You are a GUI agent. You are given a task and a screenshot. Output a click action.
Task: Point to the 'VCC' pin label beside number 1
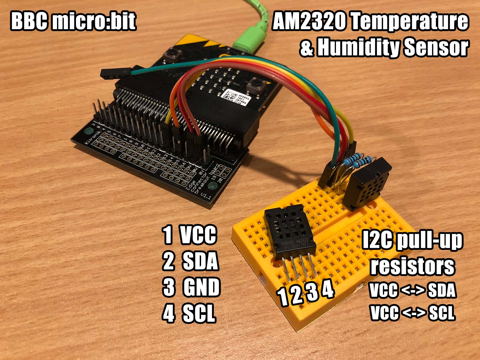click(198, 235)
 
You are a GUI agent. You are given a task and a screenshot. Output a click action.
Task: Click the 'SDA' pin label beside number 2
click(200, 261)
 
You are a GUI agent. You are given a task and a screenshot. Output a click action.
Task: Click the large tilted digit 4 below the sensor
click(328, 289)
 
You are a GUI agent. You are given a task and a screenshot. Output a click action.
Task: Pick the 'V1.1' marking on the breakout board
click(207, 196)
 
